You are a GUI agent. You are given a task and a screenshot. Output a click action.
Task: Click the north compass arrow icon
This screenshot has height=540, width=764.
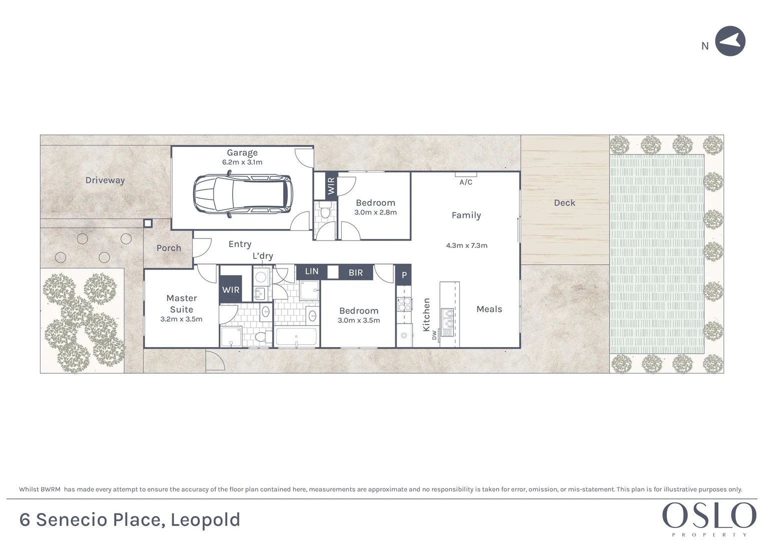(730, 41)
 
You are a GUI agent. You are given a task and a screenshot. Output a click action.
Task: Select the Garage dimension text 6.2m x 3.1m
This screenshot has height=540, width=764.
(242, 162)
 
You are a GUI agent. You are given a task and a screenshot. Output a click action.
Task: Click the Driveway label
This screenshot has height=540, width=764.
(105, 180)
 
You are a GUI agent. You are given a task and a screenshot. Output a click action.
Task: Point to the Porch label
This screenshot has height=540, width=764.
(169, 248)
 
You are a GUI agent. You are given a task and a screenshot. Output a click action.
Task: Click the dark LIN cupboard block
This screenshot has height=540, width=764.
(312, 271)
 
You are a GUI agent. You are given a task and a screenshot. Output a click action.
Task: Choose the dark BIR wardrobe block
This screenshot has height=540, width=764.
(356, 272)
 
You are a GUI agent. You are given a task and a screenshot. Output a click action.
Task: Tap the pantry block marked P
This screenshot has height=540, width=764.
(404, 275)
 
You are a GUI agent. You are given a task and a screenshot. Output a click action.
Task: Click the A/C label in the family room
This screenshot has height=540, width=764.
(466, 182)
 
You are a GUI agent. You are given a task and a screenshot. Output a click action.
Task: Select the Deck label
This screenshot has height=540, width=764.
(564, 203)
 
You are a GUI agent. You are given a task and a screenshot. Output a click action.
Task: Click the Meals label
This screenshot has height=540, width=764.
(489, 309)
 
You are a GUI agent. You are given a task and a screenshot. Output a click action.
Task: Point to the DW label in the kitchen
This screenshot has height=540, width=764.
(434, 335)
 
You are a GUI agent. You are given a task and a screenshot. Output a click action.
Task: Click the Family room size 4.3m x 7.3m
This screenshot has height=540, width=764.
(466, 245)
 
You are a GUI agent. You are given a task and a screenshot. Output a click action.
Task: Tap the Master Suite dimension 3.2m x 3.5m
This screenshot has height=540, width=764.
(181, 319)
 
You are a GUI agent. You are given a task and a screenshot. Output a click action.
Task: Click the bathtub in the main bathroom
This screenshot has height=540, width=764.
(296, 337)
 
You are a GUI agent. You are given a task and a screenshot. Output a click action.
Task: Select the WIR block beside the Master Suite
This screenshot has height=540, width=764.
(231, 290)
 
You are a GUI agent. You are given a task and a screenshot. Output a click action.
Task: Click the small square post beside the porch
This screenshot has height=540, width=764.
(148, 223)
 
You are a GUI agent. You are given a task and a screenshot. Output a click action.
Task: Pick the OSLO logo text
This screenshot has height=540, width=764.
(709, 515)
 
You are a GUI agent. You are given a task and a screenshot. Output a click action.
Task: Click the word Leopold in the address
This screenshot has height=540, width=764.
(206, 520)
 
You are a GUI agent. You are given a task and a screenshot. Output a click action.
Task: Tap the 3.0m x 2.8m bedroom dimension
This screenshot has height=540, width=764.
(375, 212)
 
